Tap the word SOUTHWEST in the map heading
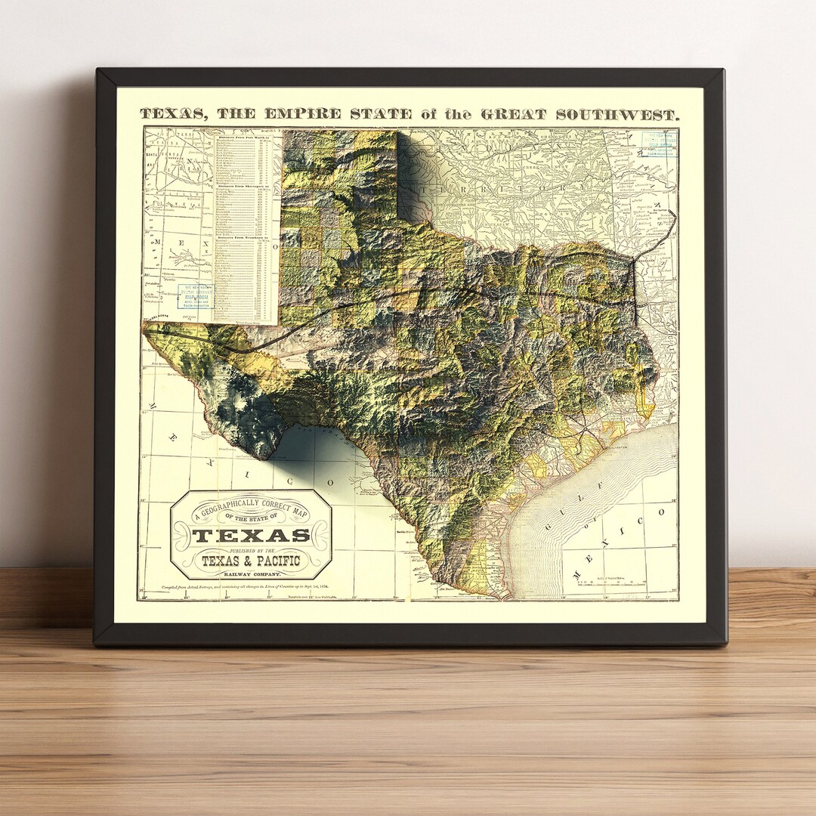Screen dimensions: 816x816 617,115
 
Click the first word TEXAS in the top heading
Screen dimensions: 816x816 175,115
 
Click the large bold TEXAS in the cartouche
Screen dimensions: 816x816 252,536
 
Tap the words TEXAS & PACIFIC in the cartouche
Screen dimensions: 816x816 251,561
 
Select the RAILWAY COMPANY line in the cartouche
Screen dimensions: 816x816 251,575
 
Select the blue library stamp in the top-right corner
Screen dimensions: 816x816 658,144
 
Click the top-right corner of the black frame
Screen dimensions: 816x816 723,70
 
